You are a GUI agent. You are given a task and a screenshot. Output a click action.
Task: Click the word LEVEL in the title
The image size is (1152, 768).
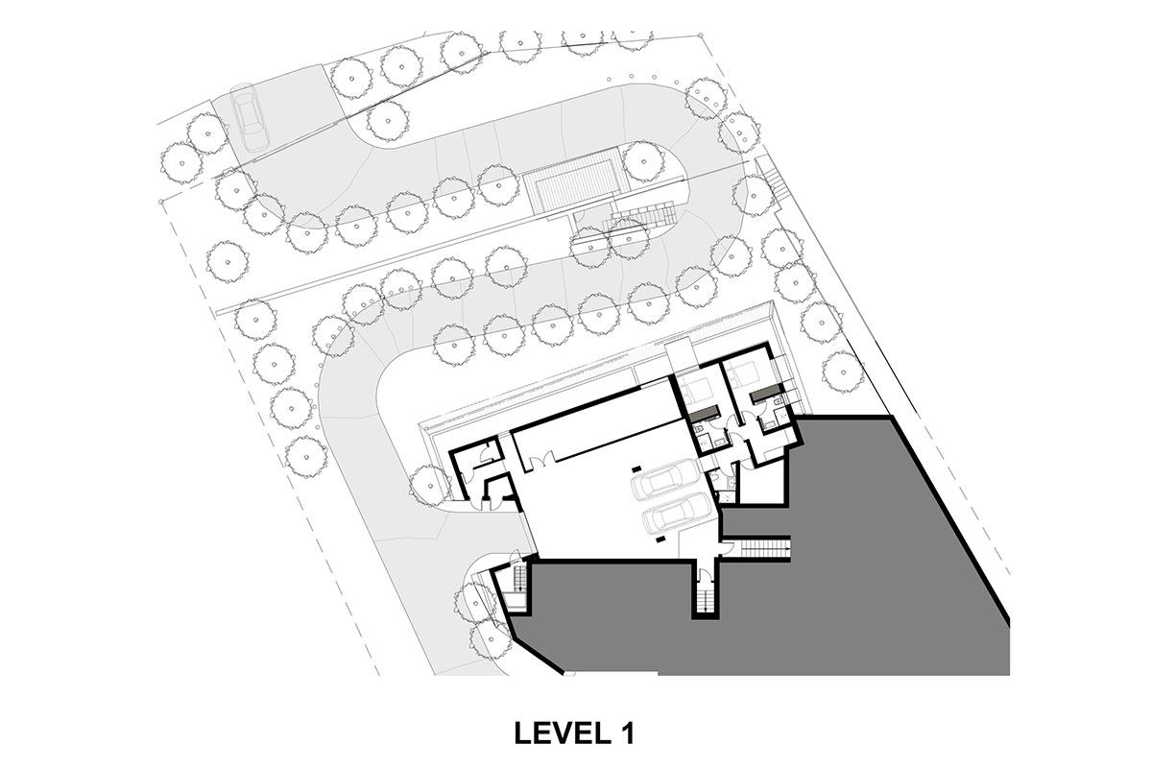[559, 733]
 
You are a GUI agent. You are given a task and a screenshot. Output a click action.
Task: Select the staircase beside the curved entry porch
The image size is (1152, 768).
[519, 579]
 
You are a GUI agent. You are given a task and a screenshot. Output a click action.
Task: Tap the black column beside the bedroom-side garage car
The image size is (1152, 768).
[636, 468]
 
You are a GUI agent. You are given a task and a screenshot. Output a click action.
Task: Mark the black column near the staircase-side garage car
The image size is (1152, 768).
[660, 540]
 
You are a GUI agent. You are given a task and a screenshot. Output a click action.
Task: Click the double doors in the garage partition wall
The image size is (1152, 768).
[541, 457]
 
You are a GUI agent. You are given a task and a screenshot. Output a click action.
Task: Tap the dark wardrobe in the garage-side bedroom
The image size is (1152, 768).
[703, 412]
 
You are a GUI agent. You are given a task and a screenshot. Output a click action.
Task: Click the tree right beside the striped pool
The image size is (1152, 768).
[643, 161]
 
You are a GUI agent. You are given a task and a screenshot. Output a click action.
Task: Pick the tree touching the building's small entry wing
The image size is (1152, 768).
[429, 486]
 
